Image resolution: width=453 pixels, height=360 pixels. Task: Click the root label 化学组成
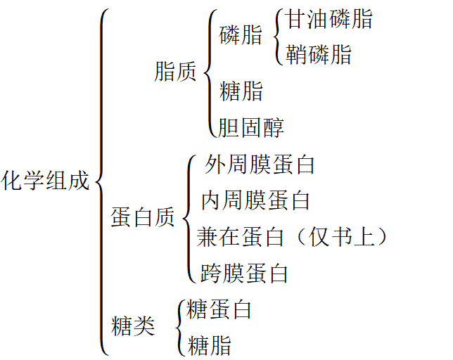(46, 181)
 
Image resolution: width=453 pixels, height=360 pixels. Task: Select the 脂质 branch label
(174, 72)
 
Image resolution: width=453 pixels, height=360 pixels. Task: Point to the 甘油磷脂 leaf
(328, 20)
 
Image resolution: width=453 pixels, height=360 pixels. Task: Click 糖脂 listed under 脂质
(241, 91)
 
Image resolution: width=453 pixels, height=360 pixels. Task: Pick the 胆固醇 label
(251, 127)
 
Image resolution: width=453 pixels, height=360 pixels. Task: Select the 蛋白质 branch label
(142, 218)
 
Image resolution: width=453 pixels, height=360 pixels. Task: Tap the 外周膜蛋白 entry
(258, 165)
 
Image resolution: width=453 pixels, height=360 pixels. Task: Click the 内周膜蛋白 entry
(255, 200)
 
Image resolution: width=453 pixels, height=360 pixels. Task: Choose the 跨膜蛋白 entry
(243, 273)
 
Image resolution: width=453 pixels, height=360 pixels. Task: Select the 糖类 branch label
(133, 326)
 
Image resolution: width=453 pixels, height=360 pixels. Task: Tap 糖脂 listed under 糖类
(210, 345)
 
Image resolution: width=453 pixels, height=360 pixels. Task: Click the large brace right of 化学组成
(102, 181)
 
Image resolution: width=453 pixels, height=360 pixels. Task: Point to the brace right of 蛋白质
(189, 218)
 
